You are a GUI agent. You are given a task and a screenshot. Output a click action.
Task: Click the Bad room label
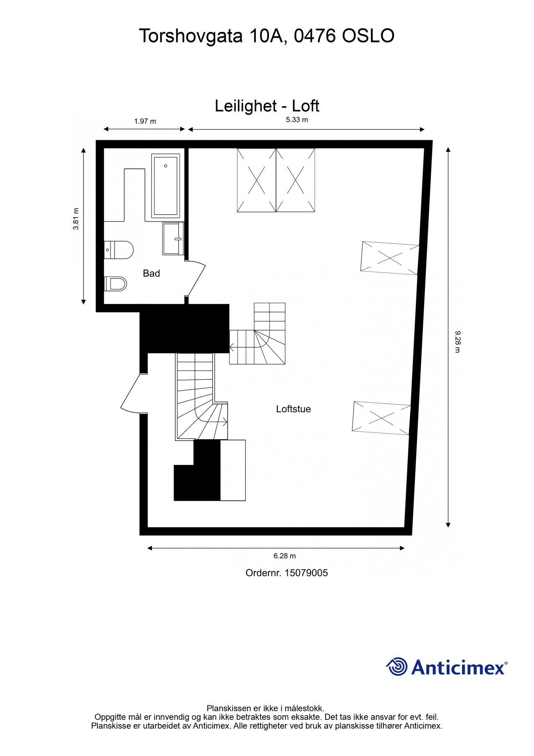coord(151,273)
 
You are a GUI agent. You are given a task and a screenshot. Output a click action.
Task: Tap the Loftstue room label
coord(293,409)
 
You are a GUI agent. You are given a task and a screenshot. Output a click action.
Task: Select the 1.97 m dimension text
coord(145,121)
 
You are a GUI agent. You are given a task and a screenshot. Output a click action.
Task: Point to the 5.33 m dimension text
coord(297,120)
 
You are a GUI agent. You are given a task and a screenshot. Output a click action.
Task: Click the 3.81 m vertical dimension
coord(76,219)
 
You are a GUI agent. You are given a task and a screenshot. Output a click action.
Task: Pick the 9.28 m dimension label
coord(458,341)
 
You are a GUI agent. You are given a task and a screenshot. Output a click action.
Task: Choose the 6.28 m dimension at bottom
coord(284,556)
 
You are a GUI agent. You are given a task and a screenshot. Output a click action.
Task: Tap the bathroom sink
coord(173,239)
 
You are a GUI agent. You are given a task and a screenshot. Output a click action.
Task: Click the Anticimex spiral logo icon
coord(396,667)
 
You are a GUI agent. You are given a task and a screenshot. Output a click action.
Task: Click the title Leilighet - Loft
coord(267,106)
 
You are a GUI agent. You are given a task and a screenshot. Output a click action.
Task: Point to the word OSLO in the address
coord(368,36)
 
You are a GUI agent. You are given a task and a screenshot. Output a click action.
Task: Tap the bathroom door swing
coord(195,278)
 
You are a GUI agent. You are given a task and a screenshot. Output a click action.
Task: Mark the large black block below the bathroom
coord(185,328)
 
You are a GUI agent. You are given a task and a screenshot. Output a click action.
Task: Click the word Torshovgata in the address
coord(191,36)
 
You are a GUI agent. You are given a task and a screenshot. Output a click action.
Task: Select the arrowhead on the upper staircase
coord(232,347)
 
